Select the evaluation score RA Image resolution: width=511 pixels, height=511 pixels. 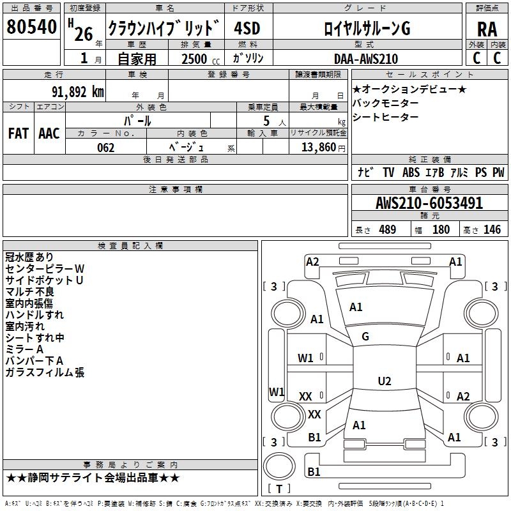(x=487, y=29)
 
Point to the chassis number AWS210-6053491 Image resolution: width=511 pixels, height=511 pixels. (x=429, y=204)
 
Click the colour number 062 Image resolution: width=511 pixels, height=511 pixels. (x=105, y=148)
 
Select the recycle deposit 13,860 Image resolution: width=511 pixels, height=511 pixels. (x=317, y=148)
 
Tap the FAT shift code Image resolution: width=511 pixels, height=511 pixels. (x=18, y=133)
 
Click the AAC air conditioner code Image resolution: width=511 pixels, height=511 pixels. (x=49, y=133)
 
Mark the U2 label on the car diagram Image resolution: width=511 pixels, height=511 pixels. (x=384, y=381)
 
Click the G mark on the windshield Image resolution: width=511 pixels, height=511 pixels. (x=365, y=337)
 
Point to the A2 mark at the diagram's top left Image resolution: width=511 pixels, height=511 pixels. (x=312, y=261)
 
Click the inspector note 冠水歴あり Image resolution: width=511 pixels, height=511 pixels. (x=29, y=257)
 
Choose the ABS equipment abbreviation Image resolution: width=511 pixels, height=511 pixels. (x=411, y=172)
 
